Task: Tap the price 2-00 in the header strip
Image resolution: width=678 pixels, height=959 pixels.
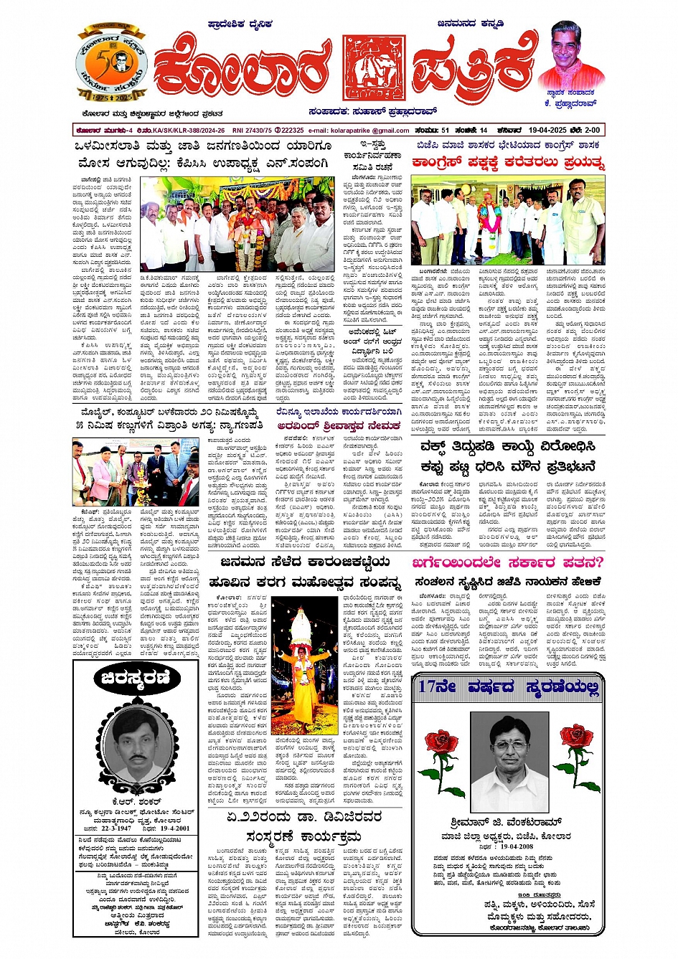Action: tap(592, 131)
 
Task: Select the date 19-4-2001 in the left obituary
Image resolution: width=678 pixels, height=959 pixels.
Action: tap(170, 827)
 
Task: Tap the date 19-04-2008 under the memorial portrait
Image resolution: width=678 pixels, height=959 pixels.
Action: tap(511, 846)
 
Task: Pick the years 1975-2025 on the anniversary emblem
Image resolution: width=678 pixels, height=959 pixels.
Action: tap(111, 97)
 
